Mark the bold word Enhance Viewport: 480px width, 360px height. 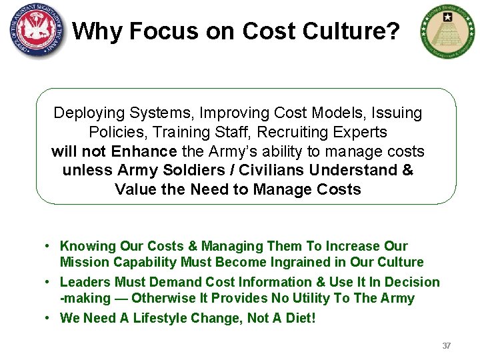145,151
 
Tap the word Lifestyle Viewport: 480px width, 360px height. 162,318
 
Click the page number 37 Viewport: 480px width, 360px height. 447,346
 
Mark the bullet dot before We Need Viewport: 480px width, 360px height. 49,318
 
